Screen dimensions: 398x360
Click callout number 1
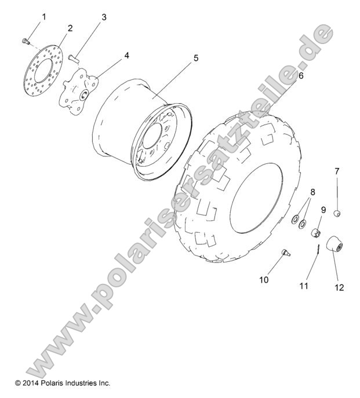point(43,17)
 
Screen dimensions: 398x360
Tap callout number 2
point(70,28)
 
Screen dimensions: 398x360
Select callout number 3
point(104,17)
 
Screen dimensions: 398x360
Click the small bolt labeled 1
point(24,41)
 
